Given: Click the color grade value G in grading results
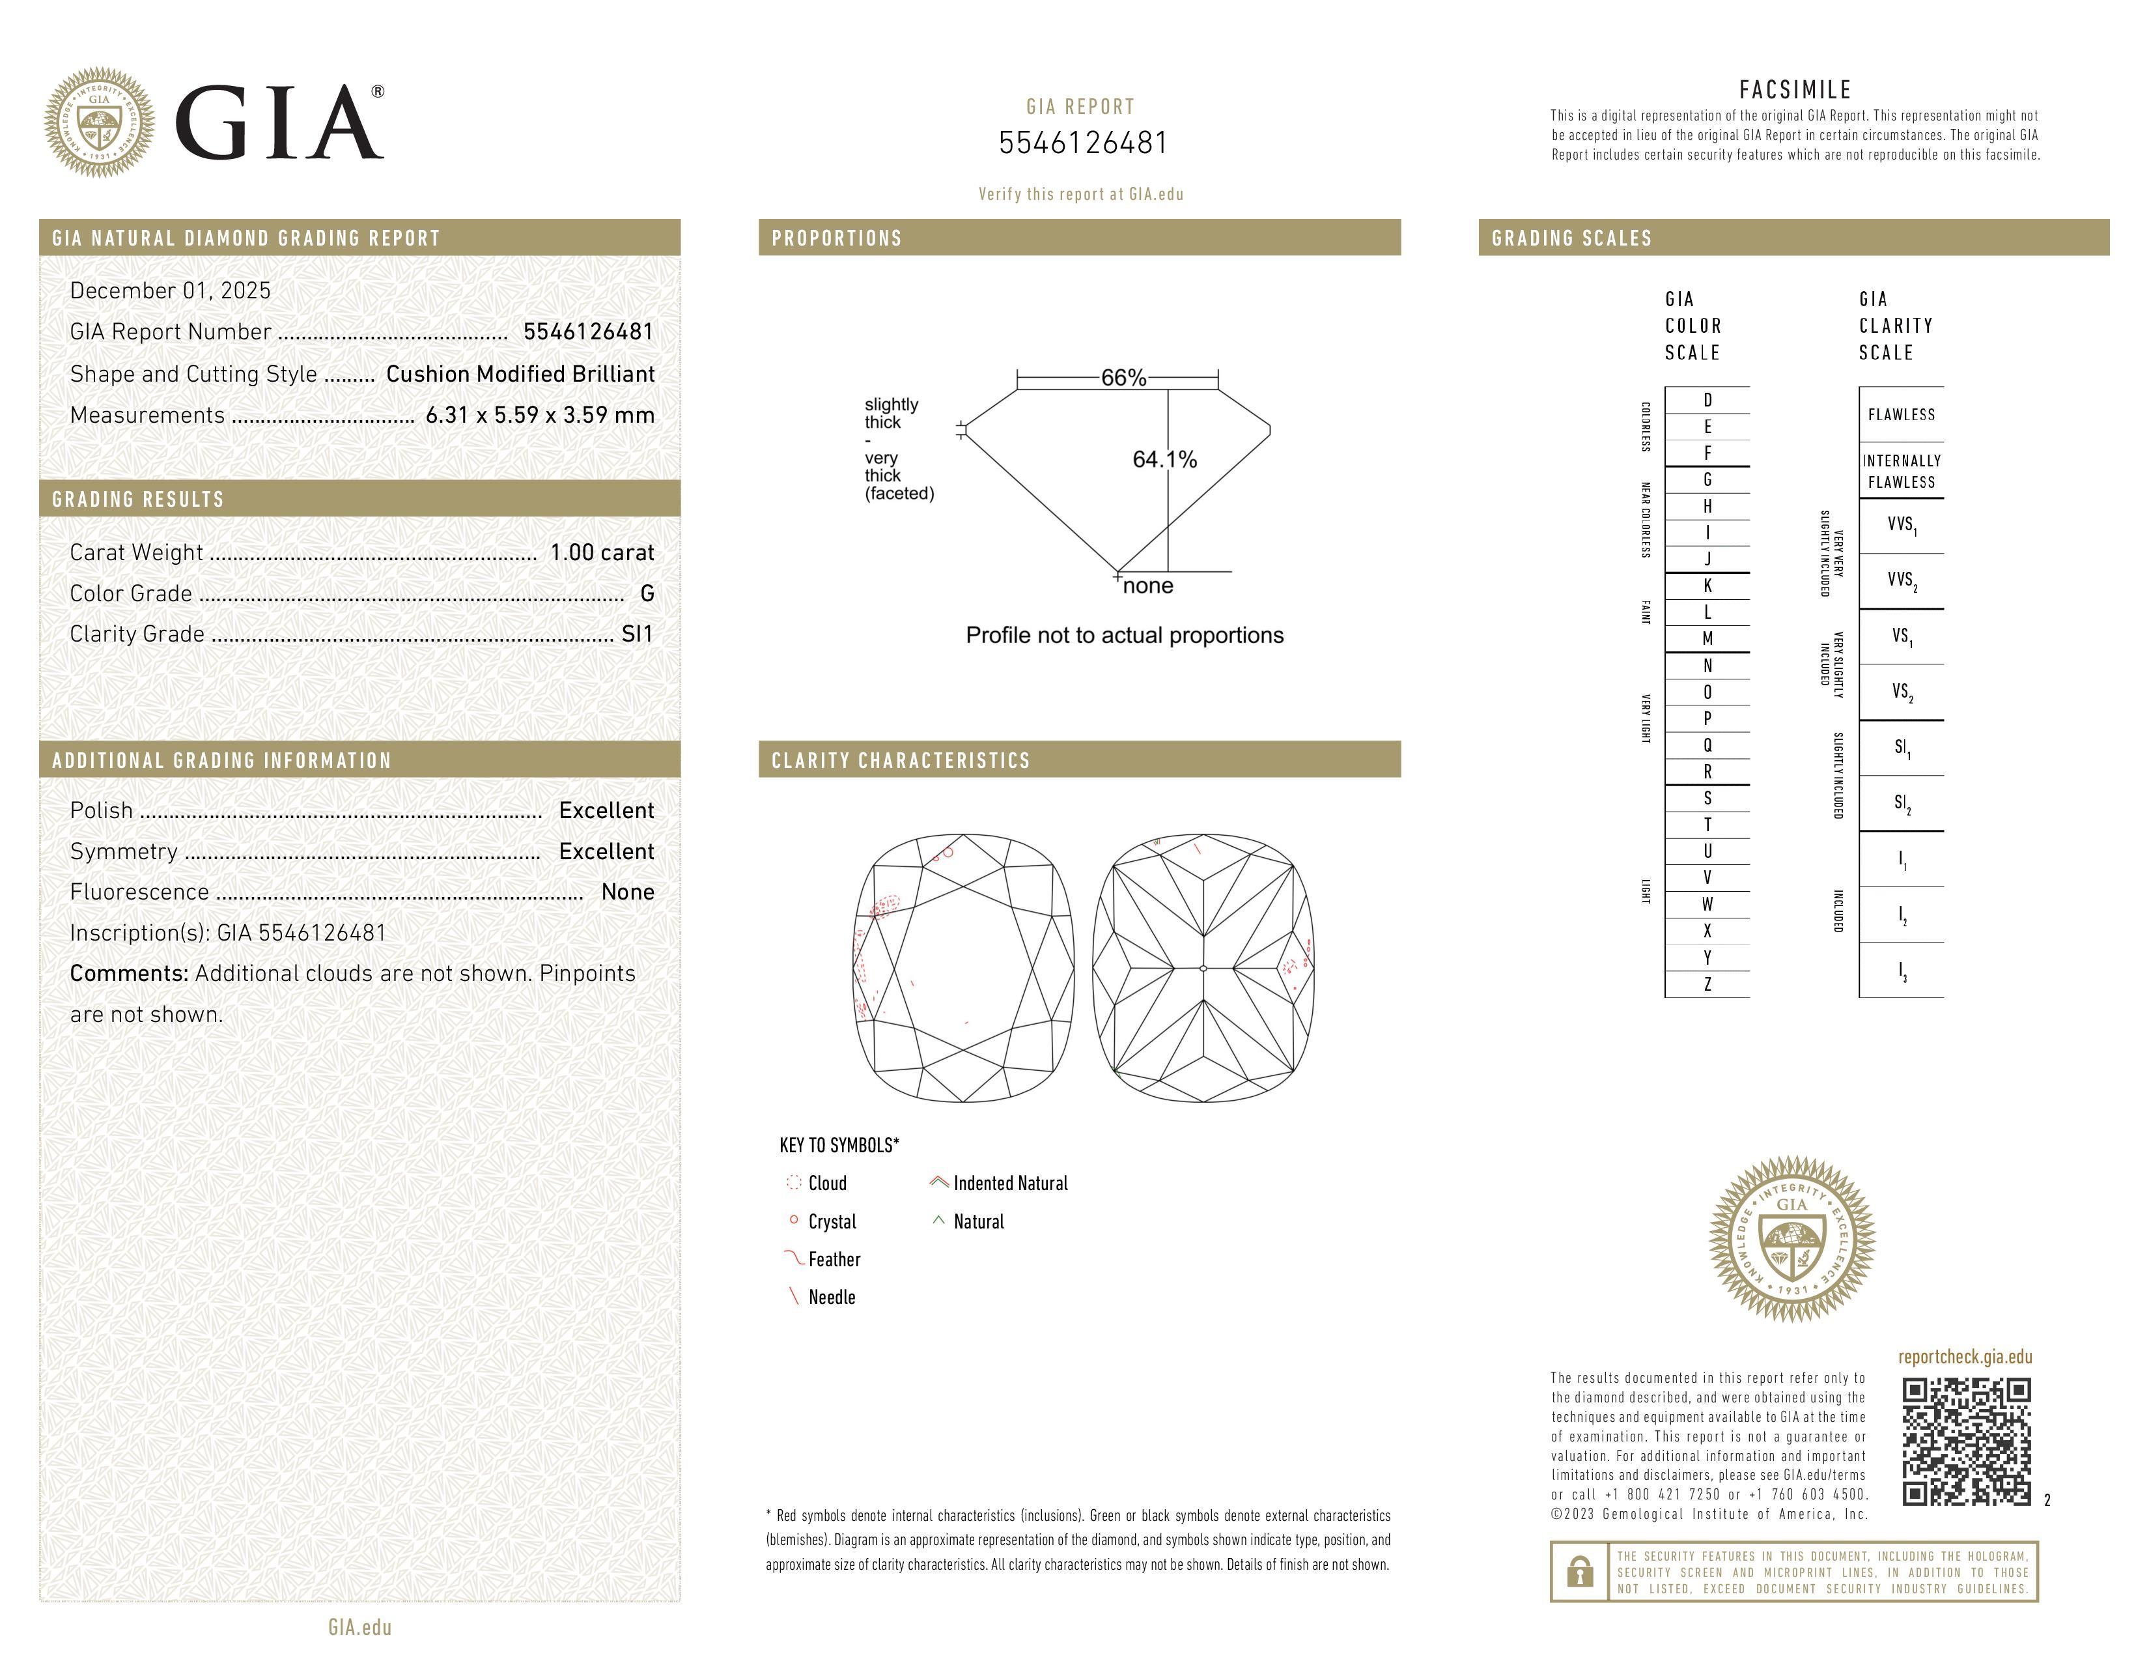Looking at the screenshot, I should click(647, 593).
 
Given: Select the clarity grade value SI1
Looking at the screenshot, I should click(637, 634).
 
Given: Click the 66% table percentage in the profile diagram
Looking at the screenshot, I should click(1123, 378).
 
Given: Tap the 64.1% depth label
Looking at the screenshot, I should click(1164, 459).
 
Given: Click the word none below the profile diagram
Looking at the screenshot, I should click(1147, 586).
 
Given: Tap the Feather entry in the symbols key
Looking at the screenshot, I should click(834, 1260).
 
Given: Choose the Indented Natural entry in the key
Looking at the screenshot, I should click(1009, 1184).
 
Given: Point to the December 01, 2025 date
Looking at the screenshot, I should click(170, 291).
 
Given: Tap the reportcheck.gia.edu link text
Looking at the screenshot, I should click(1964, 1357).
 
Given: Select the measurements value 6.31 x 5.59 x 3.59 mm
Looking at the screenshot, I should click(539, 416).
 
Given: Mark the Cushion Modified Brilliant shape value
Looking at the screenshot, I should click(520, 374).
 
